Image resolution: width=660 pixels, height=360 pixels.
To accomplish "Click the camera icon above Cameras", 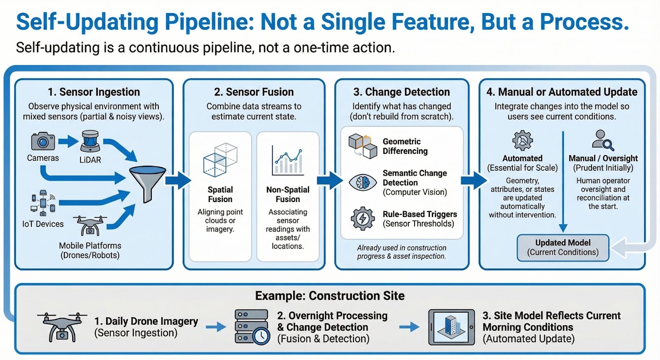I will point(43,141).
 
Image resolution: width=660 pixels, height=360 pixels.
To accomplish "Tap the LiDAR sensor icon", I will point(90,141).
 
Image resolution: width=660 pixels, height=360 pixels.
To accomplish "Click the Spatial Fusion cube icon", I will point(220,160).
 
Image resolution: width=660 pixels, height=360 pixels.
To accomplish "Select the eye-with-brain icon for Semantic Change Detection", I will point(363,182).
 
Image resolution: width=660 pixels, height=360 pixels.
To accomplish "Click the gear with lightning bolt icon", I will point(363,219).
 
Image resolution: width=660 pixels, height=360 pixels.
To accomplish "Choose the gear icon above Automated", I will point(522,141).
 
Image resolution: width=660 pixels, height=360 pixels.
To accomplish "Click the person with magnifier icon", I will point(603,140).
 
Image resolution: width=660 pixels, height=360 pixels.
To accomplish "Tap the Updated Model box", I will point(563,247).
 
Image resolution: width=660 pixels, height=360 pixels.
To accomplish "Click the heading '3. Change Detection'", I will point(401,92).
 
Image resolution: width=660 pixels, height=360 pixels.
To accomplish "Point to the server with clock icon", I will point(252,327).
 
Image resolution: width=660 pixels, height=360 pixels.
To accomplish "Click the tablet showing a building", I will point(451,327).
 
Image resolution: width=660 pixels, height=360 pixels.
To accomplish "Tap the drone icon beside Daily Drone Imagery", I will point(62,327).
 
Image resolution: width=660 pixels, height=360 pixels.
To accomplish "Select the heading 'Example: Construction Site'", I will point(330,296).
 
